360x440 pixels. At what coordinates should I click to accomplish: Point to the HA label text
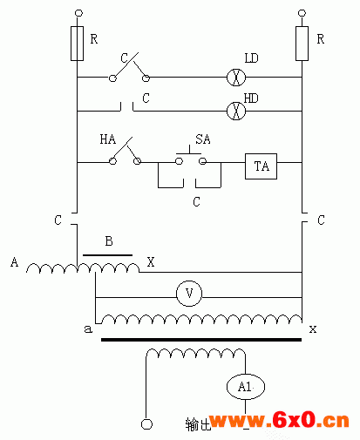108,139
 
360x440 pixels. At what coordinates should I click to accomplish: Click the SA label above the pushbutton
203,139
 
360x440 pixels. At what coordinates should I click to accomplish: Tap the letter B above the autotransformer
109,241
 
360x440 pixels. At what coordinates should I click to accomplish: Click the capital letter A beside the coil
14,261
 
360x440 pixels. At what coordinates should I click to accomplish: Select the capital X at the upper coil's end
151,262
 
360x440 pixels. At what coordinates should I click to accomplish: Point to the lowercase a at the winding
88,329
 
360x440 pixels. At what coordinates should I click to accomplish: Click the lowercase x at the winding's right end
313,329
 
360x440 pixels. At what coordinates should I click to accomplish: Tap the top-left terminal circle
78,13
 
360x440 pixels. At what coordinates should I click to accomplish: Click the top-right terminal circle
302,13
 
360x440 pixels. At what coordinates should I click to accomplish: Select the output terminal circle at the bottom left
146,424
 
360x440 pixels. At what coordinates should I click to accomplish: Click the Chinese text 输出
198,424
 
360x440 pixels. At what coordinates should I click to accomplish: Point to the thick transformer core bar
201,339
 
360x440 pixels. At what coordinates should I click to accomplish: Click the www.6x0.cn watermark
279,420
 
